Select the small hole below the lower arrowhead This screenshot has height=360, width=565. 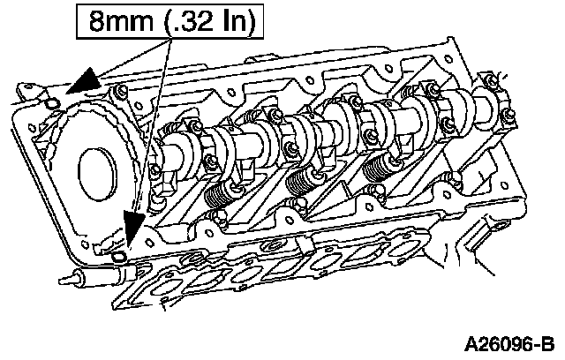click(124, 257)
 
